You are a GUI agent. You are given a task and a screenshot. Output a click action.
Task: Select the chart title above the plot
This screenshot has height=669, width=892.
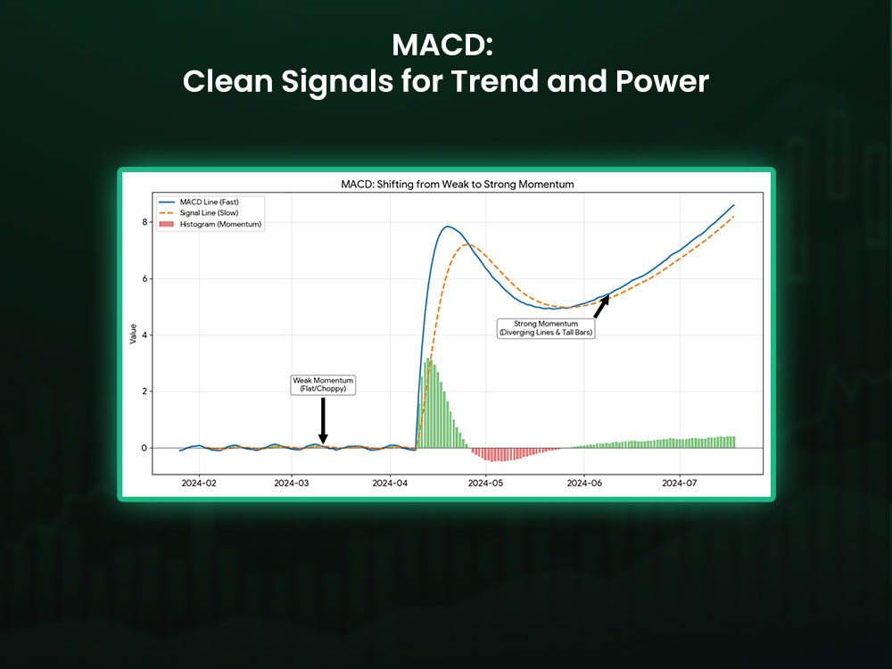tap(446, 185)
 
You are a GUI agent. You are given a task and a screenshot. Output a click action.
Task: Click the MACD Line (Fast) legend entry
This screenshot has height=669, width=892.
tap(210, 202)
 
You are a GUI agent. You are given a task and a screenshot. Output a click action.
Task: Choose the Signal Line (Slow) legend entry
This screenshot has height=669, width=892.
tap(210, 212)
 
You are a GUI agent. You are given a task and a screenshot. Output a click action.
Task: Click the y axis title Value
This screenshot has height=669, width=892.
tap(134, 335)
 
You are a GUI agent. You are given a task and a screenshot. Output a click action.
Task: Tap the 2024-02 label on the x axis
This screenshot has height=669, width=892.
tap(198, 483)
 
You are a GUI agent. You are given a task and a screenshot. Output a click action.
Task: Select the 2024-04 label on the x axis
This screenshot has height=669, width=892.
tap(390, 483)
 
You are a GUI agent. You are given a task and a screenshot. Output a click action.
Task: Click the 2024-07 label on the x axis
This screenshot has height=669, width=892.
tap(679, 483)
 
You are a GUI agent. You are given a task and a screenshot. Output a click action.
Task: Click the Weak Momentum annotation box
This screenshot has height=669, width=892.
tap(323, 384)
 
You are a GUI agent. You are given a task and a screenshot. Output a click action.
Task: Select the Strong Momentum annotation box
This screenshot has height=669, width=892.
tap(546, 327)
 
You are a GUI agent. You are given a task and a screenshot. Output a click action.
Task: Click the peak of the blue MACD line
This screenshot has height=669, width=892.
tap(447, 227)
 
